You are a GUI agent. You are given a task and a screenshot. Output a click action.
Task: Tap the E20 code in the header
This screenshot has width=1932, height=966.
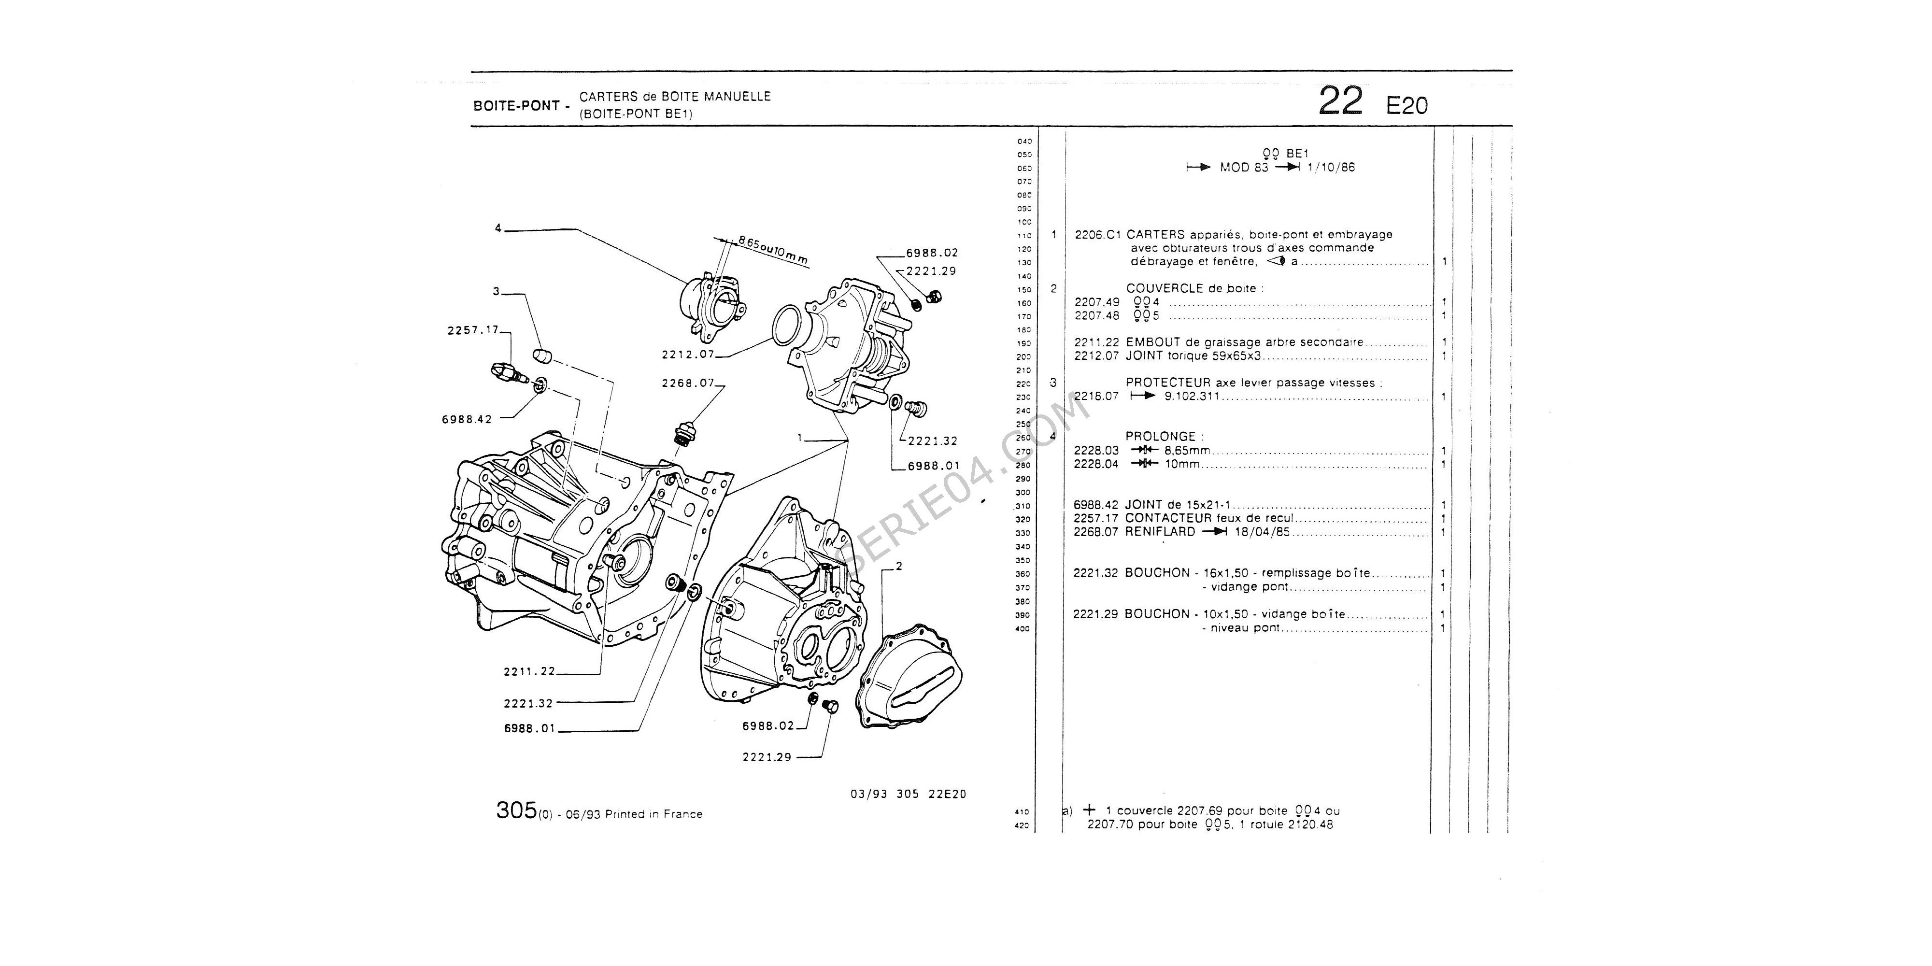tap(1407, 106)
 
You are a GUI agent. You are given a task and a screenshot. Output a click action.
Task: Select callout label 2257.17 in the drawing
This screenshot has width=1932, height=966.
tap(472, 330)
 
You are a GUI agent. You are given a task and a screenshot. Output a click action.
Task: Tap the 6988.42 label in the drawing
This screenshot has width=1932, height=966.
tap(467, 419)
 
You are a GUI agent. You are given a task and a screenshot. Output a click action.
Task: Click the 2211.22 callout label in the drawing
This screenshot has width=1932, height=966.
tap(529, 671)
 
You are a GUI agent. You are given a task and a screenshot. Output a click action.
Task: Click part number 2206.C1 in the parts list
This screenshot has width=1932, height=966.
tap(1098, 235)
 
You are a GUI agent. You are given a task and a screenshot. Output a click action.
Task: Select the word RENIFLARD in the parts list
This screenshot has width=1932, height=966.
tap(1160, 532)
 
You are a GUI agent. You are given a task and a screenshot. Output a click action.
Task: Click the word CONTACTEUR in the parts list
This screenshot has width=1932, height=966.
tap(1168, 518)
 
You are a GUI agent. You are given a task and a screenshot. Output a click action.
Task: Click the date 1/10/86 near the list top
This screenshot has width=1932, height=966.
tap(1333, 167)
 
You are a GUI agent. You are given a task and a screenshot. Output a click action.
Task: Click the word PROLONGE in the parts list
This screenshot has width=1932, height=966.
tap(1160, 437)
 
